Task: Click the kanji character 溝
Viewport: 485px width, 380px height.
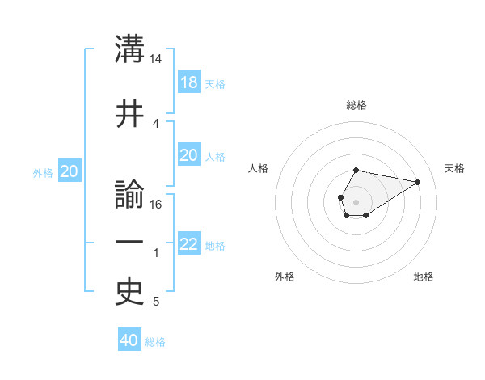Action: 130,49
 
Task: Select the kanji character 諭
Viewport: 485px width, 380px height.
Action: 130,196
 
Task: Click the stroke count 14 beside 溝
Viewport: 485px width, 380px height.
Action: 156,59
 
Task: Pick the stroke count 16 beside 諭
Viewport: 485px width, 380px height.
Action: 156,205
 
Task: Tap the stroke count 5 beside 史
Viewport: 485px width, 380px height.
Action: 156,302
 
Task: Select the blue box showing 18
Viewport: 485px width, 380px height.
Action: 188,82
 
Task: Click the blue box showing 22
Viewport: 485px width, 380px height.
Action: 188,244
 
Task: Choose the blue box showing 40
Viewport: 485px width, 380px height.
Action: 129,340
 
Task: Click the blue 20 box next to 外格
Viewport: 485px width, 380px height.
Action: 70,171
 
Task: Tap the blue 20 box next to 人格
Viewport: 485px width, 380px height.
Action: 188,155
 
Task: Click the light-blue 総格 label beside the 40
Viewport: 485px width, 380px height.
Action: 155,342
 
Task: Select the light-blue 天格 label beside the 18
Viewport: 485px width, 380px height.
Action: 215,84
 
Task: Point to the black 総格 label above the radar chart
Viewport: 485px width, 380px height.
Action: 356,105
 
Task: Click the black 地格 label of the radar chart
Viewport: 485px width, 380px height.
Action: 424,277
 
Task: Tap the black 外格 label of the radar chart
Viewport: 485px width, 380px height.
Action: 285,277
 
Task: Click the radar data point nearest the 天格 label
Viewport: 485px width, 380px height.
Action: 418,181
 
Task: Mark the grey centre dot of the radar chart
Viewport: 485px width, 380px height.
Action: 356,201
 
